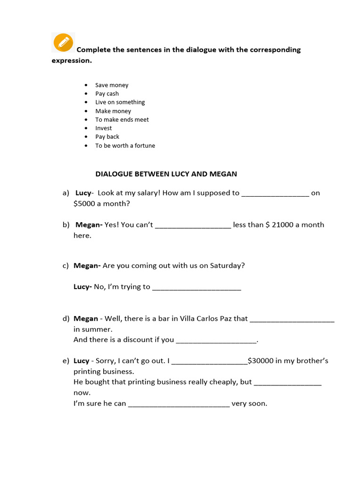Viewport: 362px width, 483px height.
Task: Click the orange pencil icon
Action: coord(63,42)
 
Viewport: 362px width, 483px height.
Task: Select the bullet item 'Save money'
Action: coord(112,85)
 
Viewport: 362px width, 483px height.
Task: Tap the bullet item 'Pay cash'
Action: coord(107,94)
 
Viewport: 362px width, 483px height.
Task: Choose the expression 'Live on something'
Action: coord(120,102)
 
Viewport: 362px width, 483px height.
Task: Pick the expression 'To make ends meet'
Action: coord(122,120)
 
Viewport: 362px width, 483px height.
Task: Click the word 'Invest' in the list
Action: coord(104,128)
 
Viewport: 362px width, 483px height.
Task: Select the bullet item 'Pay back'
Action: coord(107,137)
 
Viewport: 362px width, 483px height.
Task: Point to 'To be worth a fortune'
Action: coord(125,146)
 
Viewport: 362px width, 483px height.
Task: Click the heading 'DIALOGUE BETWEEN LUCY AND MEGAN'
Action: coord(166,174)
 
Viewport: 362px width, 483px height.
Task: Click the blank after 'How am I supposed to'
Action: coord(275,193)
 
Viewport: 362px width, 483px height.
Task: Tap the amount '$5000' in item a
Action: coord(83,204)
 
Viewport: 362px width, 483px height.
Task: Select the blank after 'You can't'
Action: coord(193,225)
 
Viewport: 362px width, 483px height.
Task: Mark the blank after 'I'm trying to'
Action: coord(197,287)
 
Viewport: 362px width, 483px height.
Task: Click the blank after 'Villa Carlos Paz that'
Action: coord(292,319)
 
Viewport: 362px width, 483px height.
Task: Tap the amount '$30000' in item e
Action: coord(260,361)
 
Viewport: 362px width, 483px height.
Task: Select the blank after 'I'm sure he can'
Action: coord(179,404)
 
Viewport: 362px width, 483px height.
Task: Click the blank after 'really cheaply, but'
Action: coord(288,383)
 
